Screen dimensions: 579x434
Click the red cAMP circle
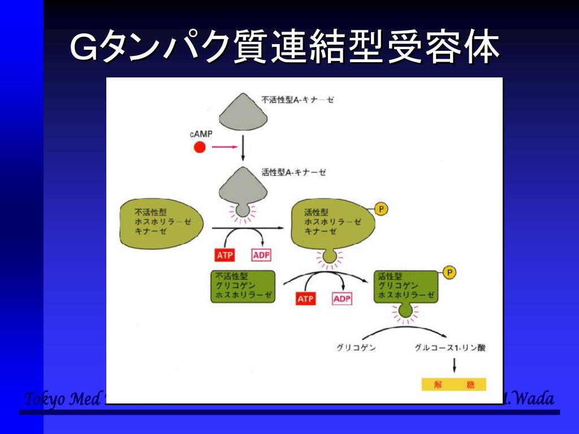pos(199,148)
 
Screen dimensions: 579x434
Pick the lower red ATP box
pos(305,299)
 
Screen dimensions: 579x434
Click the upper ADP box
pos(261,255)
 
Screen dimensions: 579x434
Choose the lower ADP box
pos(342,299)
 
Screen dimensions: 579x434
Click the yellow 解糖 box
pos(454,385)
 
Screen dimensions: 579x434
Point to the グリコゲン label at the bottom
pos(356,348)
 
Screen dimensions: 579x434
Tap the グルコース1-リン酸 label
pos(450,348)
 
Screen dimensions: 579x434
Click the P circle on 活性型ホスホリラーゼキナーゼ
pos(382,210)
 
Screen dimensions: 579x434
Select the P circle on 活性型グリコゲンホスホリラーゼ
pos(450,273)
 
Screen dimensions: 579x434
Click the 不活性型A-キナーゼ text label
pos(298,100)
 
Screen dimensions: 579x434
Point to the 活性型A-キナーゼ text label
pos(293,172)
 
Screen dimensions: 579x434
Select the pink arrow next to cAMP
pos(223,148)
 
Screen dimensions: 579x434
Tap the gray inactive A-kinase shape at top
pos(243,111)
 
